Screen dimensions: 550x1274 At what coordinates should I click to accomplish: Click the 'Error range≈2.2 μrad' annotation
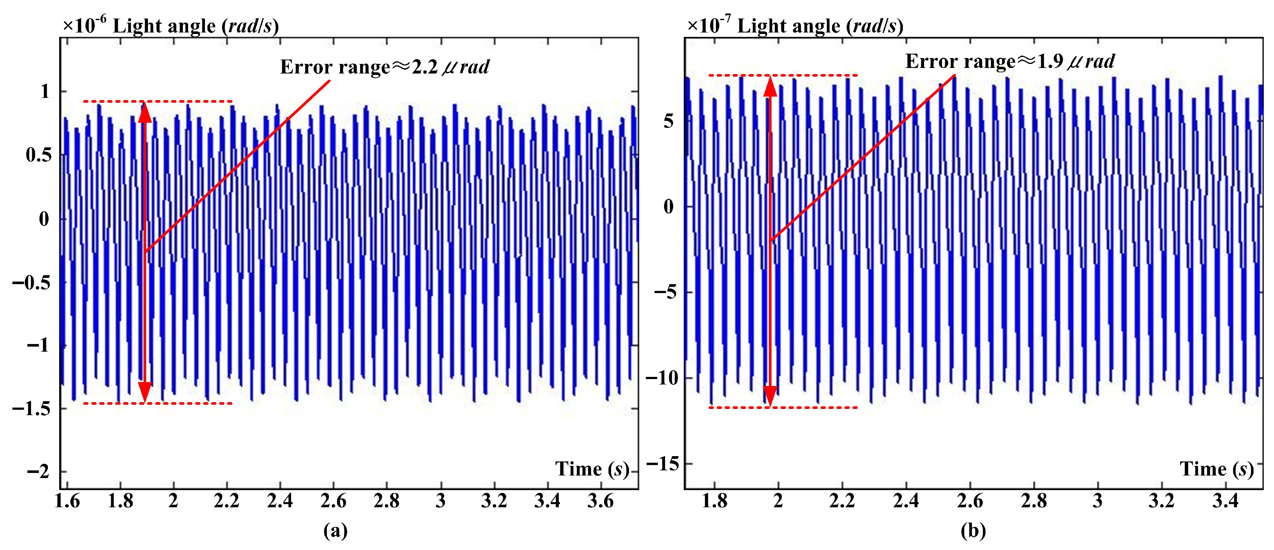click(384, 67)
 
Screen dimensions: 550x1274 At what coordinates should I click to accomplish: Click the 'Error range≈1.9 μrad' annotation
click(1010, 61)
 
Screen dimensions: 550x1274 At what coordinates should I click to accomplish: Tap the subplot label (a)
click(335, 531)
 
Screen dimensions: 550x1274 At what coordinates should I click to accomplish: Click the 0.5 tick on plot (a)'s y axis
click(39, 155)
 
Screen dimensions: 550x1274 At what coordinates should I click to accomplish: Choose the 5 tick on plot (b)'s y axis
click(669, 121)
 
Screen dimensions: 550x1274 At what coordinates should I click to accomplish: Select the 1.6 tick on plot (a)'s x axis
click(67, 501)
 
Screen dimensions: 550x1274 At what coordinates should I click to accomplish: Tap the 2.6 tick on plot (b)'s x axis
click(970, 501)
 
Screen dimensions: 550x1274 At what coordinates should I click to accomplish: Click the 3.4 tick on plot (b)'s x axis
click(1225, 501)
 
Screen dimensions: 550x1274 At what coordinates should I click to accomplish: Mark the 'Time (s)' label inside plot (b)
click(1217, 469)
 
